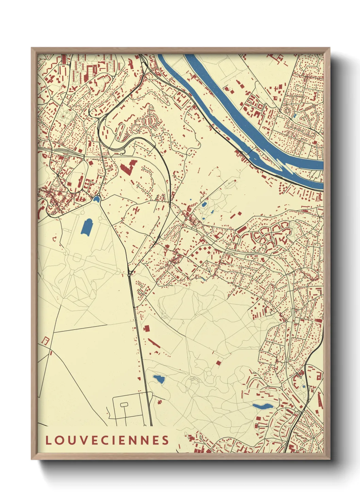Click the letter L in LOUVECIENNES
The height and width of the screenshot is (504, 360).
[x=48, y=440]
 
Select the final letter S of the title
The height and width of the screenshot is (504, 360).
[x=165, y=440]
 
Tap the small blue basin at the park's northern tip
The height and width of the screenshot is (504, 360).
[x=97, y=198]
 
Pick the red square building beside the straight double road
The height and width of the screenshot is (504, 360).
[x=147, y=329]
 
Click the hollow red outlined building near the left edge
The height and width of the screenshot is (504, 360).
[x=46, y=340]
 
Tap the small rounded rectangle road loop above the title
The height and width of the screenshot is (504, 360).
[x=124, y=404]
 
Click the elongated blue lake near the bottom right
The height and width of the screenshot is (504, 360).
[x=262, y=406]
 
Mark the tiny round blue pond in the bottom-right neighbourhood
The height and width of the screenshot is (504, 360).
[x=304, y=387]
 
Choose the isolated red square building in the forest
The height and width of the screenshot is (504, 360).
[x=218, y=363]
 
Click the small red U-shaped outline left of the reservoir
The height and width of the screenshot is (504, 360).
[x=54, y=238]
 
